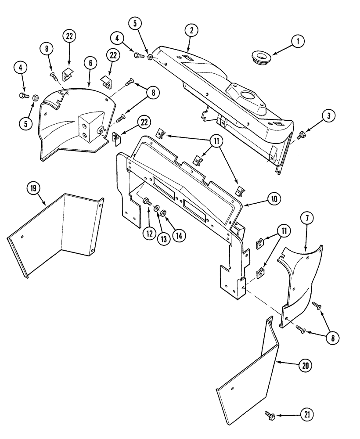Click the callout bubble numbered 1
coord(297,42)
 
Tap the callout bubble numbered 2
coord(191,30)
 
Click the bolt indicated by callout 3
coord(301,136)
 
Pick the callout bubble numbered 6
coord(90,63)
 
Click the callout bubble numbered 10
coord(274,198)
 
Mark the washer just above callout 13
coord(157,208)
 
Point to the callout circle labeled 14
coord(178,234)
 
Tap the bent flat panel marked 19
coord(57,233)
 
